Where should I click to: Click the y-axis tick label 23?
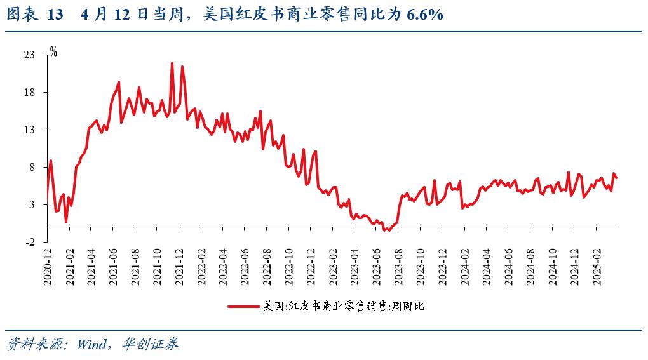point(29,55)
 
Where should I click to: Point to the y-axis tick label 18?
point(29,92)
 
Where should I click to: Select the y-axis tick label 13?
point(29,130)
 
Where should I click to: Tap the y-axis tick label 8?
point(32,167)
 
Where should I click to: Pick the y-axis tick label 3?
point(32,205)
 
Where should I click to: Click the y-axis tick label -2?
point(30,243)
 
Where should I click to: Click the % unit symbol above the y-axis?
point(54,52)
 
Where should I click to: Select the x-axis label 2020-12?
point(48,267)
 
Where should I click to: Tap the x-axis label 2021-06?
point(113,267)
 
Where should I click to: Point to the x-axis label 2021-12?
point(179,267)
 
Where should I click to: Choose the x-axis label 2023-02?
point(333,267)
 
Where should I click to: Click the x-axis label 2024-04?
point(487,267)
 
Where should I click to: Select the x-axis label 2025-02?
point(597,267)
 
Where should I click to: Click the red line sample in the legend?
point(244,306)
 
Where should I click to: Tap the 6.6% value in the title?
point(425,15)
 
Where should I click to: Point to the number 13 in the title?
point(55,15)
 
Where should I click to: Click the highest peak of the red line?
point(172,63)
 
